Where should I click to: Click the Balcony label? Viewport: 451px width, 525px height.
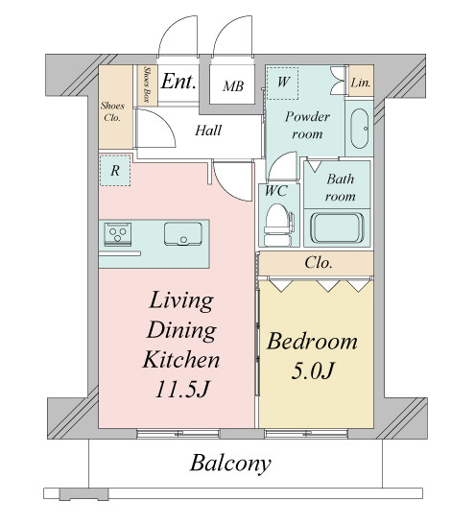[230, 464]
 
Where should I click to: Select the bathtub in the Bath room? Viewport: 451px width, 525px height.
[337, 227]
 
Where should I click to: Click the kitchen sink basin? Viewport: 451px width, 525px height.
[183, 233]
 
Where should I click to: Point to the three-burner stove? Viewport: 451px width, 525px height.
[117, 233]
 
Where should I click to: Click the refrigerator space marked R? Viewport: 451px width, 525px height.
[115, 171]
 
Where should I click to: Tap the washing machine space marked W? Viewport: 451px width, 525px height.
[283, 84]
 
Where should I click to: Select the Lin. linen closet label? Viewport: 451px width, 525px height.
[361, 83]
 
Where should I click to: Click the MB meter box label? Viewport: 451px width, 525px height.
[233, 86]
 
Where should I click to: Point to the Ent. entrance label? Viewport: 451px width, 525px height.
[178, 81]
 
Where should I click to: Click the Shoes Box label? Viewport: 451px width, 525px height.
[146, 84]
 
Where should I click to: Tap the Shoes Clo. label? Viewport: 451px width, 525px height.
[112, 111]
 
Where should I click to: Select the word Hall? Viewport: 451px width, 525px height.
[208, 131]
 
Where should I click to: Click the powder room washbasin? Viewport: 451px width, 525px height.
[359, 129]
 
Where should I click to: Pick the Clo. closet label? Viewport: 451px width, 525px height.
[319, 263]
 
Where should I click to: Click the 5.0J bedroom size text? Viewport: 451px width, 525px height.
[313, 370]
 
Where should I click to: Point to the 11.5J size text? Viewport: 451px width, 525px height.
[181, 389]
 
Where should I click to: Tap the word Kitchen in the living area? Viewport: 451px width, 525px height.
[181, 360]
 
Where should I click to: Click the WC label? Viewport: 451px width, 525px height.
[275, 191]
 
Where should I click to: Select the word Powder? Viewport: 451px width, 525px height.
[307, 117]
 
